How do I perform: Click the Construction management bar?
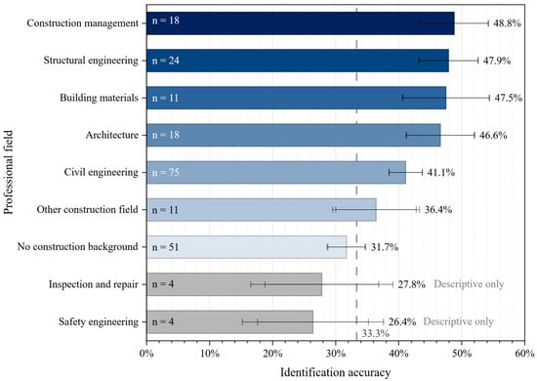[x=301, y=23]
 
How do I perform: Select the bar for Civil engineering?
[x=276, y=172]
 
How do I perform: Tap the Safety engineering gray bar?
[x=229, y=321]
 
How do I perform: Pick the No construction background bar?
[x=246, y=247]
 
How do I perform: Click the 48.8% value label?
[x=507, y=23]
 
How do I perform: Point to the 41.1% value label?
[x=440, y=172]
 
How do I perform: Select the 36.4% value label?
[x=438, y=209]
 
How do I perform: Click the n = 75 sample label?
[x=165, y=172]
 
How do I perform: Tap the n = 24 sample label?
[x=165, y=61]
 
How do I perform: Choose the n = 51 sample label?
[x=165, y=247]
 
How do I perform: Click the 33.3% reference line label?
[x=375, y=333]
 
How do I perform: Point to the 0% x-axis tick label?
[x=146, y=353]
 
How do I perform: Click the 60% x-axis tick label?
[x=524, y=353]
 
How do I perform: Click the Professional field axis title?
[x=8, y=172]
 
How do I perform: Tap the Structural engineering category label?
[x=91, y=61]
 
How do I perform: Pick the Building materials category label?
[x=99, y=98]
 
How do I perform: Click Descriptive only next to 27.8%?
[x=469, y=284]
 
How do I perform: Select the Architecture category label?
[x=112, y=135]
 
